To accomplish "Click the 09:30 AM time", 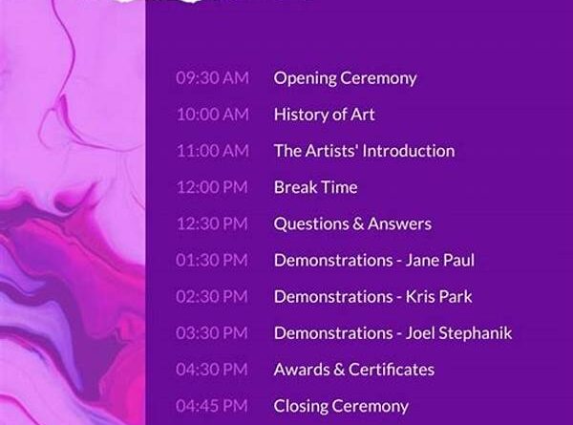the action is (212, 78).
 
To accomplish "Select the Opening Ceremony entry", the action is (345, 78).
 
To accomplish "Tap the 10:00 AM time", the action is (213, 115).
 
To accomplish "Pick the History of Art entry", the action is (324, 115).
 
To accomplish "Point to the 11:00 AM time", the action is (213, 151).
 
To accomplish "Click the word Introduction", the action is (410, 151).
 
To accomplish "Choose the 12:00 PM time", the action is (212, 187).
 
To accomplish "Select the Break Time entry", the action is (316, 187).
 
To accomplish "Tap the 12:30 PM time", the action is (212, 223).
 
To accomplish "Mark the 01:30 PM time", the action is (212, 260).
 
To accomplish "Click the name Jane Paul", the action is (440, 260).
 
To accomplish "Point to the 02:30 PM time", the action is (212, 296).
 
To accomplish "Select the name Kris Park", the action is (439, 296).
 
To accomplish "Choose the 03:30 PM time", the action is (212, 333).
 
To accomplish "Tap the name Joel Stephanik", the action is (458, 333).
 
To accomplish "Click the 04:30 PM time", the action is (212, 370).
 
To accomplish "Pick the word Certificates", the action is (392, 370).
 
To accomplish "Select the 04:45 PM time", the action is (212, 406).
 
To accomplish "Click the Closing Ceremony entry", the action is (341, 407).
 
